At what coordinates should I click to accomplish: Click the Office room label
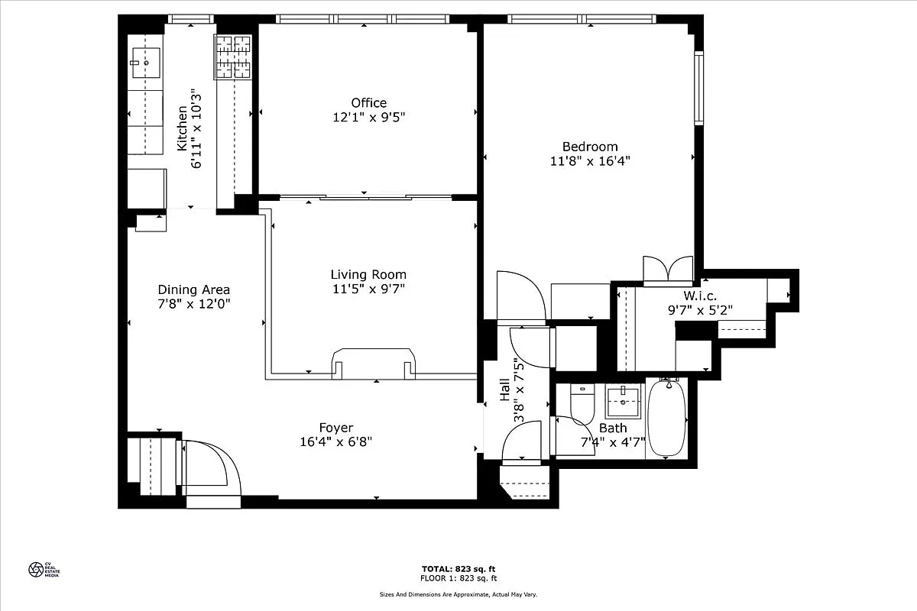(368, 103)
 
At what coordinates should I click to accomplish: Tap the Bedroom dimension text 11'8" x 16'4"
(590, 161)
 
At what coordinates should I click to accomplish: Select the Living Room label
(368, 275)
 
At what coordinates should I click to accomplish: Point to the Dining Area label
(193, 289)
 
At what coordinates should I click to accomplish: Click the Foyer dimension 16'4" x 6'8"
(336, 442)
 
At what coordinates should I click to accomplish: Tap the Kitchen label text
(183, 128)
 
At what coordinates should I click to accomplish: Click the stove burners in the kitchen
(233, 57)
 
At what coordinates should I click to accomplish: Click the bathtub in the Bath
(666, 418)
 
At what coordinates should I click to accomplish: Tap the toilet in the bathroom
(582, 405)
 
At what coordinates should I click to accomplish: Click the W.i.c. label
(699, 296)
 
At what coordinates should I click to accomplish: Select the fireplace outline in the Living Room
(374, 362)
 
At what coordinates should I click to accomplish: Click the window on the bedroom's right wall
(698, 88)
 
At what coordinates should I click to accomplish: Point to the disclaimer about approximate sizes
(458, 594)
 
